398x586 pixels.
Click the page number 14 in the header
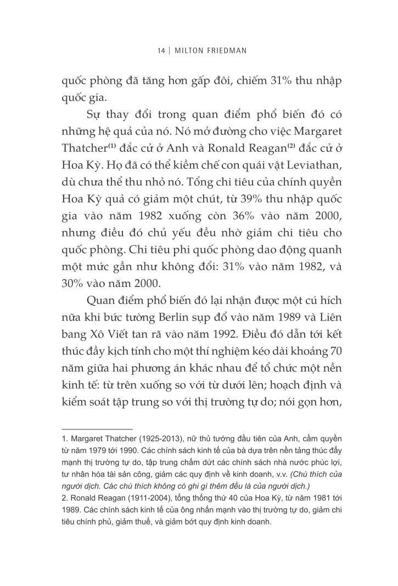pos(161,51)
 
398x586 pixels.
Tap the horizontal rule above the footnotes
pos(97,429)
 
